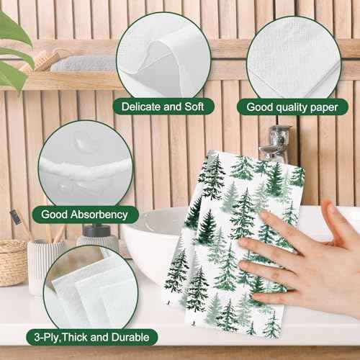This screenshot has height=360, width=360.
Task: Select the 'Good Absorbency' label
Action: coord(84,214)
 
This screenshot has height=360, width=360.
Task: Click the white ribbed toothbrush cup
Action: coord(43,266)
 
